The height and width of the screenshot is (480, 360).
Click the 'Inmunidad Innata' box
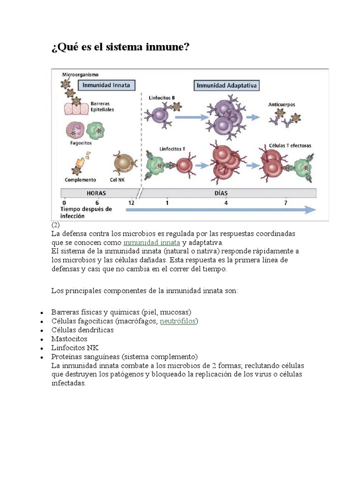106,85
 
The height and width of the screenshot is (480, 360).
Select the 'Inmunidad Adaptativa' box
226,85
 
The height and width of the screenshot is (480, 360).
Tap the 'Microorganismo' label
80,75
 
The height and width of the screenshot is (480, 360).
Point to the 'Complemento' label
80,180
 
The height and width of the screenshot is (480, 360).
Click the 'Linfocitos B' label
162,98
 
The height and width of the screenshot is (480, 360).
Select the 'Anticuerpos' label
282,105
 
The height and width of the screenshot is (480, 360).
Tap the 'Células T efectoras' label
290,146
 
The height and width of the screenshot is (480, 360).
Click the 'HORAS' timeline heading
96,193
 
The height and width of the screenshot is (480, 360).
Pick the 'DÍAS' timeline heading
221,193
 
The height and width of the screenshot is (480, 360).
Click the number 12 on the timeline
131,202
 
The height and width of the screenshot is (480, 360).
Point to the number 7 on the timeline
285,202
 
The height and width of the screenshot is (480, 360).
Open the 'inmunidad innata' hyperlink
151,243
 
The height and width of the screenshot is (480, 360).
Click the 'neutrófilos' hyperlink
178,321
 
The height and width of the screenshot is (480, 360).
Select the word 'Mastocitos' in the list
69,339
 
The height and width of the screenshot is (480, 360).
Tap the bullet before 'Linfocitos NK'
42,349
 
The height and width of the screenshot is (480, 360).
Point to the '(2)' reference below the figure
55,225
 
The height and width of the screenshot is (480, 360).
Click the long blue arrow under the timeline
221,210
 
